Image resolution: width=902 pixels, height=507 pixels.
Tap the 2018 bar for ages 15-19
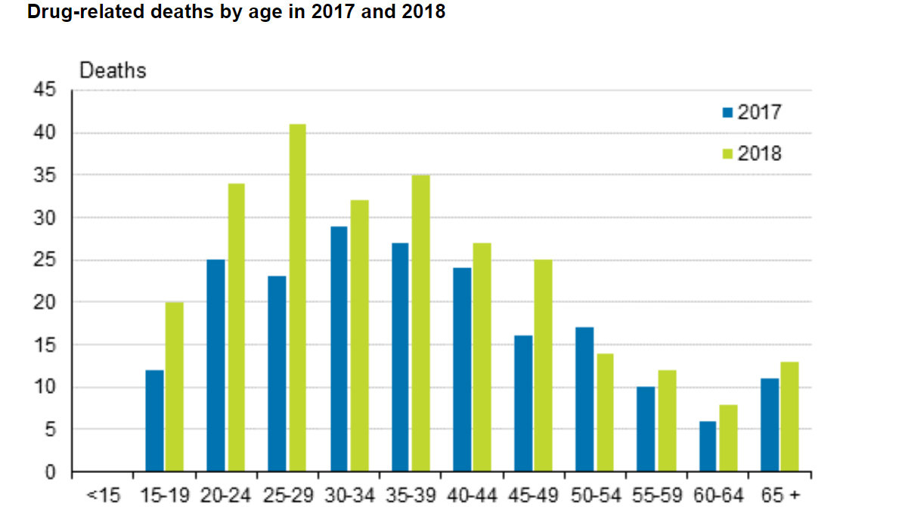174,388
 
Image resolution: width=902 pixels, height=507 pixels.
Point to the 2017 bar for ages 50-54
584,400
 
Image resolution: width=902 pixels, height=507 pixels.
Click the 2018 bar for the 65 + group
789,417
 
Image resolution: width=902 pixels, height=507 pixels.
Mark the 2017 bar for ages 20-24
215,366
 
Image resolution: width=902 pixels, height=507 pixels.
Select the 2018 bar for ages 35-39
420,324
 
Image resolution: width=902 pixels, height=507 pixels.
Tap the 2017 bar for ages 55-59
646,429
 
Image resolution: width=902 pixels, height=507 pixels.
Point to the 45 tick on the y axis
45,91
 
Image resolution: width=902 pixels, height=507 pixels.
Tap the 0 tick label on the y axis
51,473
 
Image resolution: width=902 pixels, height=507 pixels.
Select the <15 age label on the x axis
102,496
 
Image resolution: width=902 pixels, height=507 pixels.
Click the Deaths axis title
113,70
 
